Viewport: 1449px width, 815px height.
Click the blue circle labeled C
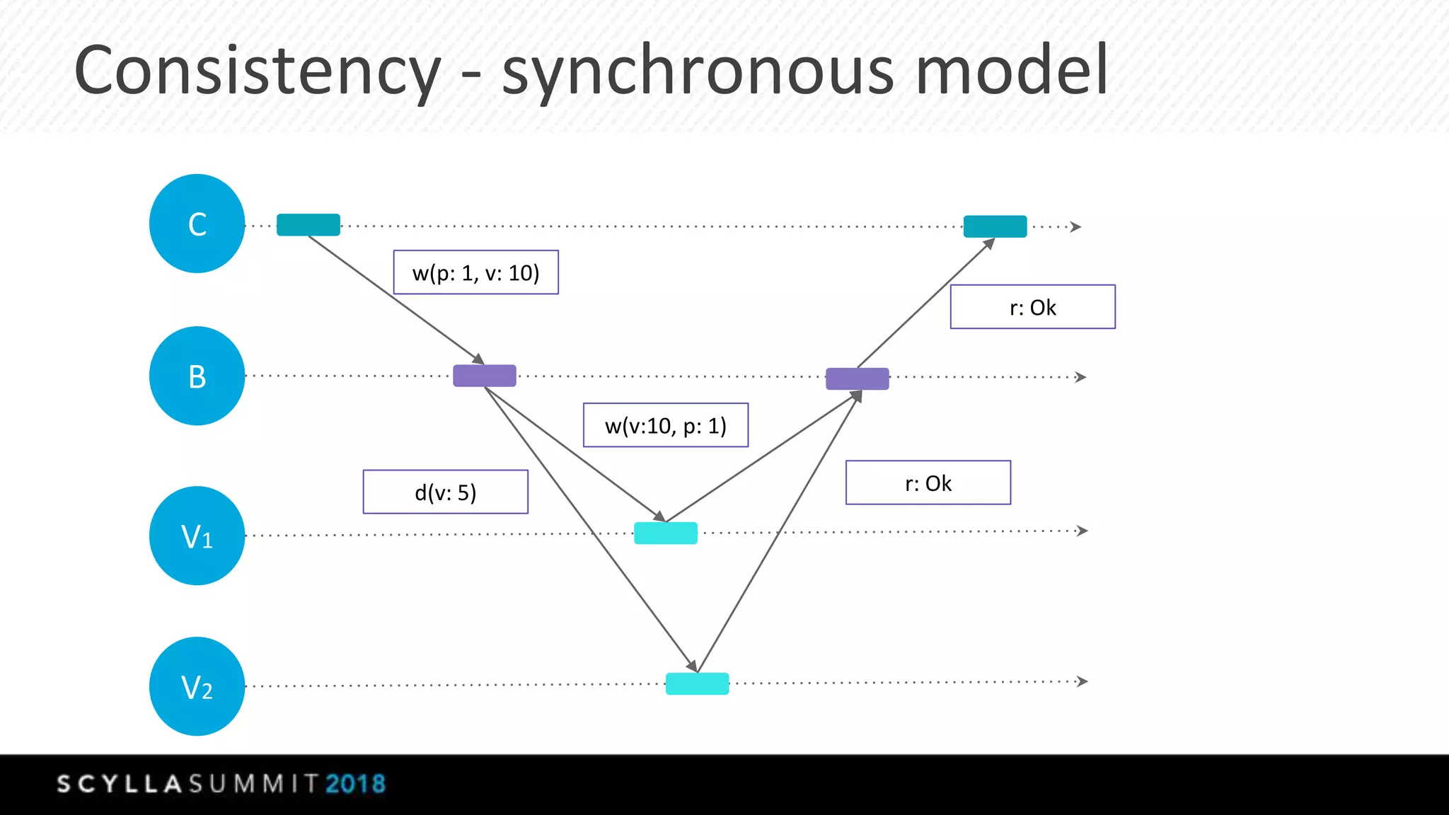click(197, 224)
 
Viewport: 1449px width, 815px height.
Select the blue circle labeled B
click(197, 376)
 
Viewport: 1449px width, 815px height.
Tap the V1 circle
click(197, 536)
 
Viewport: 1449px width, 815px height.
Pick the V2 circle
click(197, 686)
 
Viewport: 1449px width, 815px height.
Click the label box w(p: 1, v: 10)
click(475, 272)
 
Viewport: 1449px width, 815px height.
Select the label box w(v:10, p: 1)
click(666, 425)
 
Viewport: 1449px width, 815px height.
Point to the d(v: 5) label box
click(446, 492)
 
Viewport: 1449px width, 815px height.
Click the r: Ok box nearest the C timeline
click(1032, 307)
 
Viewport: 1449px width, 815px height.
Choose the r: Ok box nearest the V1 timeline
click(928, 482)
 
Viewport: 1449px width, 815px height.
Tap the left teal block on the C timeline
click(308, 225)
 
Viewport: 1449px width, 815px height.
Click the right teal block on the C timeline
click(995, 226)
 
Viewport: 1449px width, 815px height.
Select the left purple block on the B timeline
click(485, 376)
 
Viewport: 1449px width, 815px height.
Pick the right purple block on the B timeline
click(858, 378)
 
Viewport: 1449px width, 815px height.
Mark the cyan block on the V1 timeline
click(666, 533)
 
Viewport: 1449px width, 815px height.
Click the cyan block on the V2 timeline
click(697, 683)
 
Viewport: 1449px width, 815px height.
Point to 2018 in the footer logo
click(356, 784)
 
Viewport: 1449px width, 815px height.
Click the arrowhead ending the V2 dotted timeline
click(1082, 681)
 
